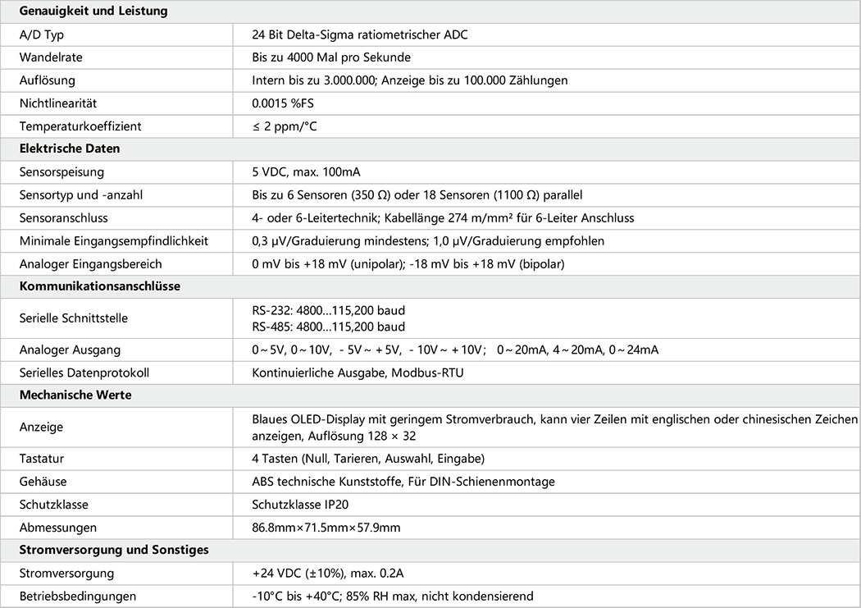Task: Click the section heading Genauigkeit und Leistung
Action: click(93, 11)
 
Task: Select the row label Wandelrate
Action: click(51, 57)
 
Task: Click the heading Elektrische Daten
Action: click(70, 149)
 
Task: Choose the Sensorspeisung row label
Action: click(61, 172)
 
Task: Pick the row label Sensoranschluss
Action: click(64, 218)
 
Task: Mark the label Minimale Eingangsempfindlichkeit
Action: click(114, 241)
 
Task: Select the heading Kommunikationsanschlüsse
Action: click(100, 286)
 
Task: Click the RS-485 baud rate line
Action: click(329, 327)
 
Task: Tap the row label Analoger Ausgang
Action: click(64, 350)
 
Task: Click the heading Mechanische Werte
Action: click(75, 395)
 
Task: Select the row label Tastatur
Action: click(42, 459)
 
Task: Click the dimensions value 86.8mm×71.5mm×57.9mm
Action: click(326, 528)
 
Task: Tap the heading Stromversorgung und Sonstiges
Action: click(114, 550)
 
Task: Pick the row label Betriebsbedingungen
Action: click(78, 596)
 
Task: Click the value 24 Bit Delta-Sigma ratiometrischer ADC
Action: click(360, 34)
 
